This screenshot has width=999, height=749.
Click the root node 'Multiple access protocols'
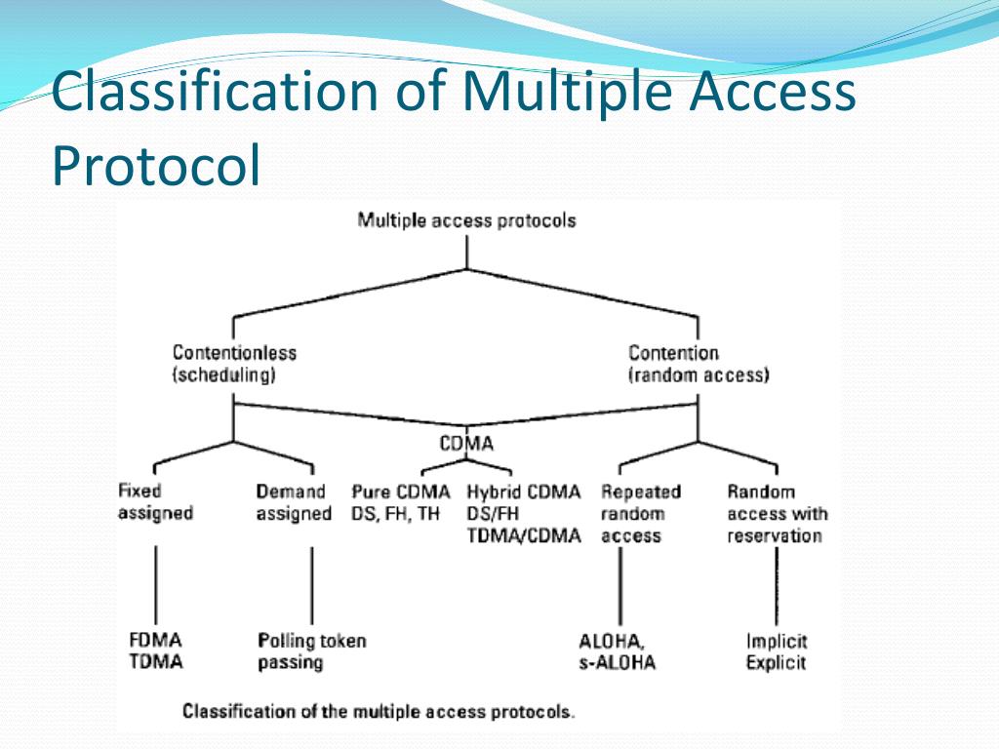pyautogui.click(x=466, y=219)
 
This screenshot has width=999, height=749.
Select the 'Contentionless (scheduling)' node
pyautogui.click(x=234, y=364)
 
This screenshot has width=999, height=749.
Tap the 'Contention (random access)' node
pyautogui.click(x=699, y=364)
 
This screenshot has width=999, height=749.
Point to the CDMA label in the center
pyautogui.click(x=466, y=444)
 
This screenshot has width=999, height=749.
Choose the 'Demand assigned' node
pyautogui.click(x=294, y=502)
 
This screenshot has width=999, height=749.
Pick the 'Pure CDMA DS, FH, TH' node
pyautogui.click(x=400, y=502)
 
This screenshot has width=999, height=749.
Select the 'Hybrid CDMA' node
pyautogui.click(x=523, y=513)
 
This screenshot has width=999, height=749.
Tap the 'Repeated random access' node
pyautogui.click(x=640, y=513)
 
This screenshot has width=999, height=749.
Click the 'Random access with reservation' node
pyautogui.click(x=776, y=513)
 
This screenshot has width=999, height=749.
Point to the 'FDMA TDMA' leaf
pyautogui.click(x=155, y=651)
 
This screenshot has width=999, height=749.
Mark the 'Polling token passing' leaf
pyautogui.click(x=312, y=651)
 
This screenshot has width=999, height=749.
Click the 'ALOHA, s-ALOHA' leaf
pyautogui.click(x=617, y=651)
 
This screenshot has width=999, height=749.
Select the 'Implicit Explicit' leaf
pyautogui.click(x=777, y=651)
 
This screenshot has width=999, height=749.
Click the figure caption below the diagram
pyautogui.click(x=379, y=711)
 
